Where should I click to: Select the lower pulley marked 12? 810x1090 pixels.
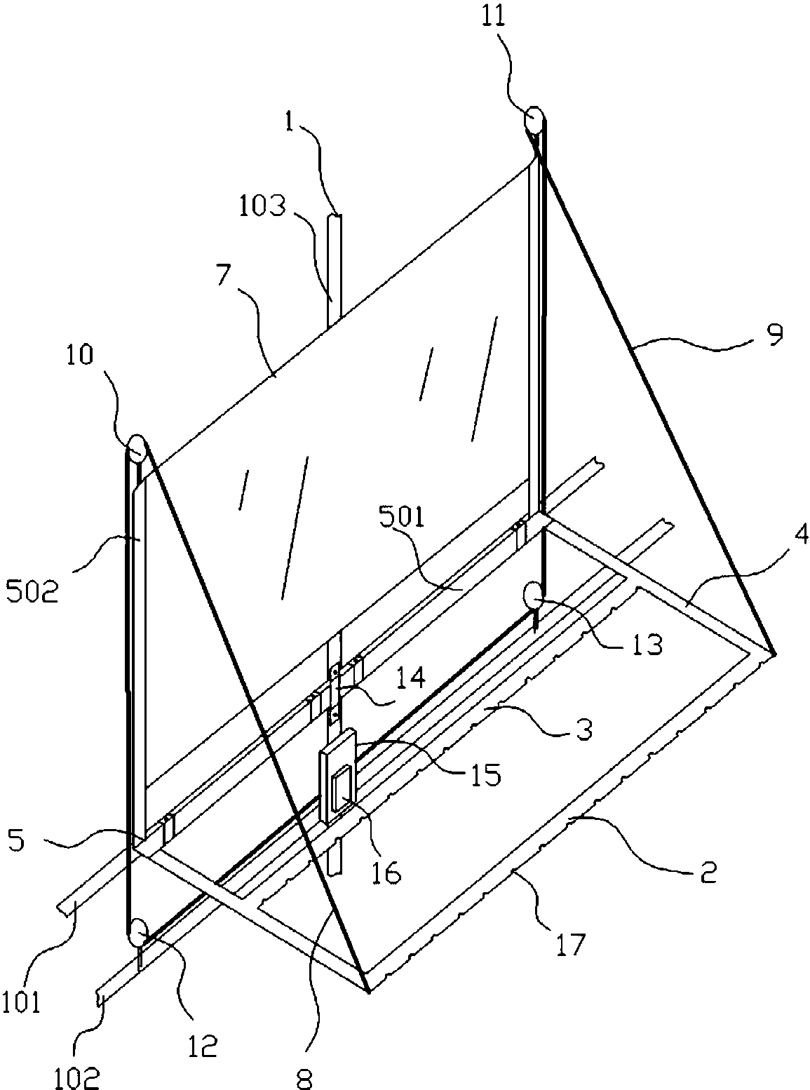[139, 934]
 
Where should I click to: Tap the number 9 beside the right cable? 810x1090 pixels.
[775, 334]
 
